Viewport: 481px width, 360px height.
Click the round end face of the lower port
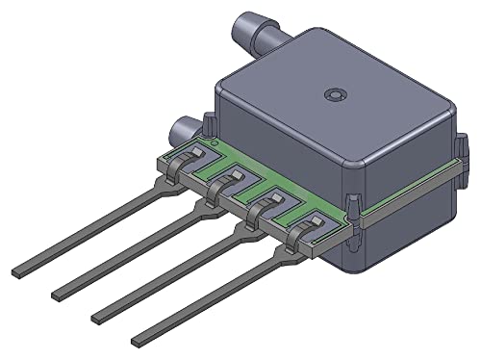[179, 131]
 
